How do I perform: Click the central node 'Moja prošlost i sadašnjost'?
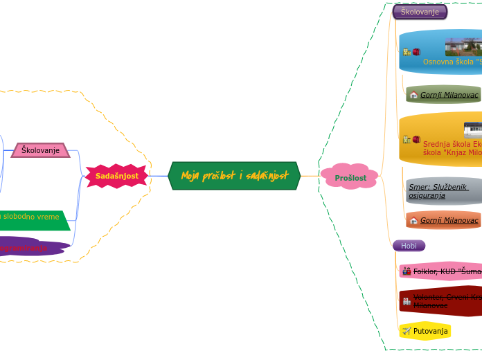tap(234, 176)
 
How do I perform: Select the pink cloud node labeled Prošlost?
tap(350, 177)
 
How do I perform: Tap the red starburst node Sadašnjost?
tap(116, 176)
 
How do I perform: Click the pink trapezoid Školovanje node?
tap(41, 150)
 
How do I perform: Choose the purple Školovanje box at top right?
tap(420, 12)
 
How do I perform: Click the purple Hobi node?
tap(409, 246)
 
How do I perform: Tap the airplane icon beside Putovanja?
tap(407, 332)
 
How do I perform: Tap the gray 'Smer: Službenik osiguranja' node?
tap(443, 191)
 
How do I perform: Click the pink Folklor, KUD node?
tap(443, 271)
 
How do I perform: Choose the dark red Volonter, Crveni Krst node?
tap(443, 301)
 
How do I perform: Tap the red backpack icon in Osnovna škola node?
tap(416, 51)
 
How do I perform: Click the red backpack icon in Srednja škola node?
tap(416, 139)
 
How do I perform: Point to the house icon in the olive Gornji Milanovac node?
tap(413, 95)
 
